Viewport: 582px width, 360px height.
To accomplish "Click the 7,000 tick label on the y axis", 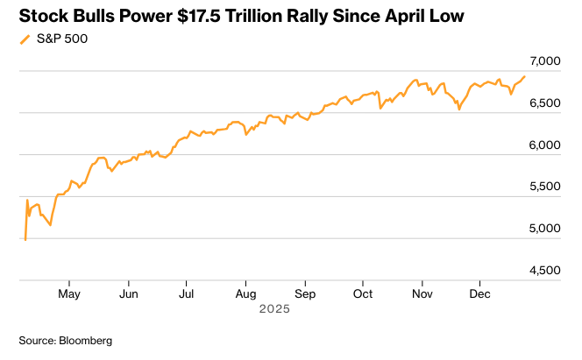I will point(544,61).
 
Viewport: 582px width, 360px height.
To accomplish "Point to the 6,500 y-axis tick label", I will point(544,103).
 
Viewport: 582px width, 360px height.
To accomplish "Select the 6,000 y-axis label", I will point(544,145).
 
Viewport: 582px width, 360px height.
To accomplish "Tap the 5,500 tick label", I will point(544,187).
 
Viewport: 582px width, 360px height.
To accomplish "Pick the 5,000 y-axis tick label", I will point(544,229).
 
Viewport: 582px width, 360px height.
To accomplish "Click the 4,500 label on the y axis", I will point(544,271).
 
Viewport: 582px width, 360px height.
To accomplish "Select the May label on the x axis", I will point(70,294).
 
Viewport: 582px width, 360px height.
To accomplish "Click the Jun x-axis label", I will point(128,294).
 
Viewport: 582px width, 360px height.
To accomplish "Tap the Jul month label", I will point(186,294).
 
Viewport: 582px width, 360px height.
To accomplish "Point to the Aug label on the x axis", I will point(246,294).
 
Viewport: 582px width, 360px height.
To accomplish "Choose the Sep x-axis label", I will point(305,294).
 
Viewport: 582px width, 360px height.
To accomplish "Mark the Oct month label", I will point(362,294).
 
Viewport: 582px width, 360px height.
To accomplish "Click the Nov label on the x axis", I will point(422,294).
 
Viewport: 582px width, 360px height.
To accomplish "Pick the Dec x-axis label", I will point(479,294).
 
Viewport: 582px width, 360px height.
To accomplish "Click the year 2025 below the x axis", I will point(275,310).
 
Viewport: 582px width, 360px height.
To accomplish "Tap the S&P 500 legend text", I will point(62,39).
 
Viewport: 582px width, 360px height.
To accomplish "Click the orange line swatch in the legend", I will point(25,39).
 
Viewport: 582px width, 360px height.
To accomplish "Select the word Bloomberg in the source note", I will point(86,340).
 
